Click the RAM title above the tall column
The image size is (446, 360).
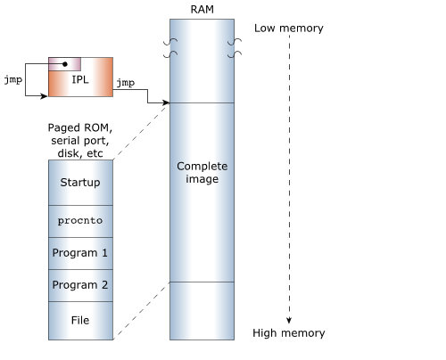tap(202, 10)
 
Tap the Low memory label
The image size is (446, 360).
tap(289, 29)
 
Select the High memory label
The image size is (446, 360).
tap(289, 333)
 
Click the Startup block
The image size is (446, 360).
tap(80, 183)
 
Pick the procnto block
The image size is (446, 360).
tap(80, 221)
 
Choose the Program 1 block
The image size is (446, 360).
tap(80, 253)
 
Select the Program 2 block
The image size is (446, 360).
tap(80, 285)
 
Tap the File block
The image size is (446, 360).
tap(80, 321)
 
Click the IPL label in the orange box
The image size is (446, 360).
tap(80, 79)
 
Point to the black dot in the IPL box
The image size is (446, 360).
tap(65, 64)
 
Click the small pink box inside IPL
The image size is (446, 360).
tap(64, 64)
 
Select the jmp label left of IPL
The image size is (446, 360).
tap(13, 80)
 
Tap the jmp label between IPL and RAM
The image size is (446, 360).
tap(126, 83)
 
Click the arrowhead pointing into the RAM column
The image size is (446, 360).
tap(166, 102)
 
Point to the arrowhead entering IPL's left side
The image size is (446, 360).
tap(44, 95)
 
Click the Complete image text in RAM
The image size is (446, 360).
tap(202, 173)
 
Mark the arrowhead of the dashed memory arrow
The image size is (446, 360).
tap(289, 320)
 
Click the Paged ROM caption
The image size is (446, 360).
tap(80, 141)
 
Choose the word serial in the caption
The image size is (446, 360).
tap(66, 141)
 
